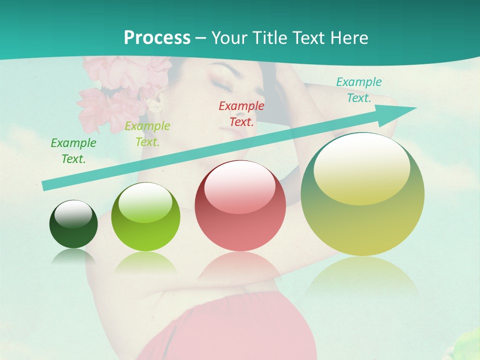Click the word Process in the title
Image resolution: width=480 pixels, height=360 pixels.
click(157, 37)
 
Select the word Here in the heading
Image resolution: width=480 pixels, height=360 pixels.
click(348, 37)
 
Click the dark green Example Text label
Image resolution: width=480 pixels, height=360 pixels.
click(73, 151)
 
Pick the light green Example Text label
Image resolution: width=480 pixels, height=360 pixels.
click(147, 134)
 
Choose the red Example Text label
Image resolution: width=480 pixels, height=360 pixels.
click(241, 113)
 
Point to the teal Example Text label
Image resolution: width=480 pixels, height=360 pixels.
click(359, 90)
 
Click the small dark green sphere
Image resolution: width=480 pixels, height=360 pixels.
click(73, 225)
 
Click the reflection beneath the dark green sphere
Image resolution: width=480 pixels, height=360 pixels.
click(73, 256)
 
